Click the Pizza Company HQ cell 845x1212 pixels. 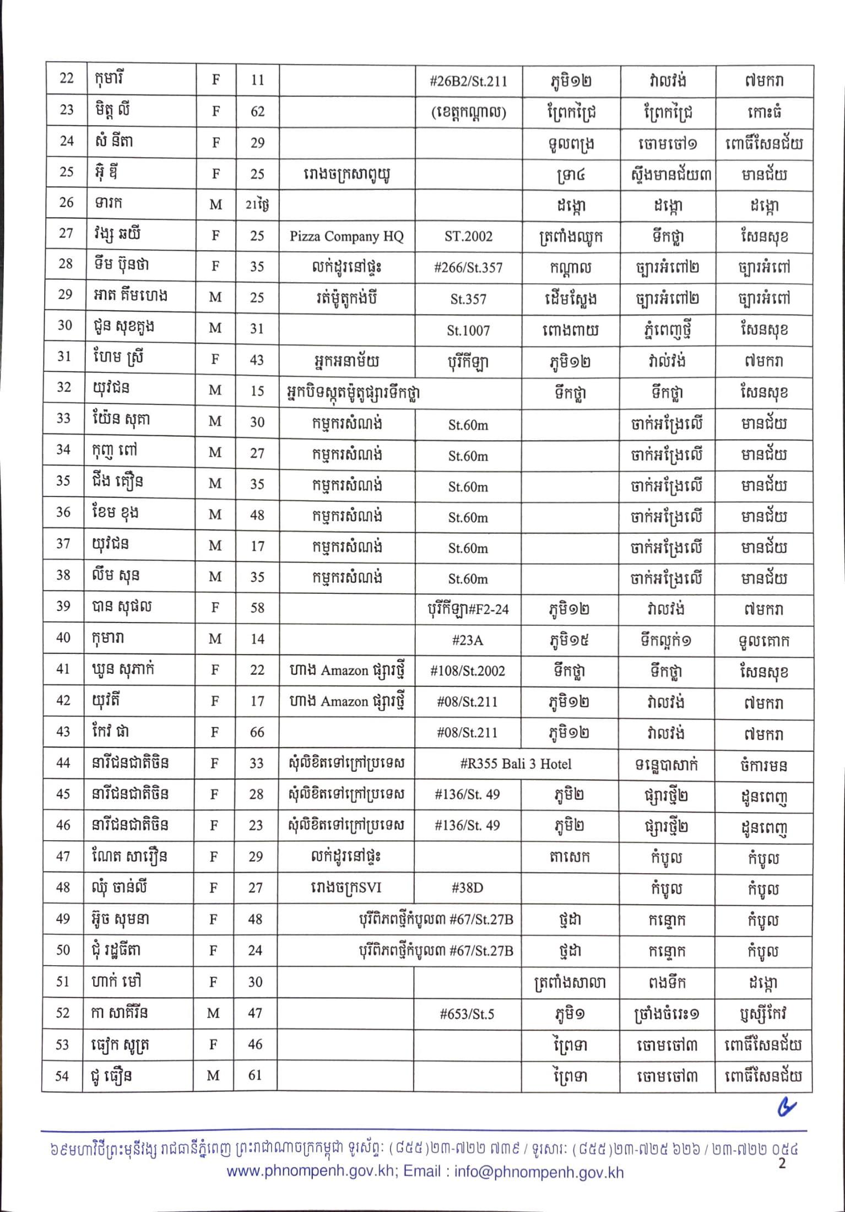[346, 236]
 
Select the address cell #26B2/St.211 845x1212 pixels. [468, 82]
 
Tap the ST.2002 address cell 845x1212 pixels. [468, 236]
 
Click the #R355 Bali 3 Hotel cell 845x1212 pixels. [516, 764]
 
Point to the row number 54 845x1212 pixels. [63, 1075]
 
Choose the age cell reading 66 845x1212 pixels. [257, 732]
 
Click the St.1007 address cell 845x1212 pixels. [468, 330]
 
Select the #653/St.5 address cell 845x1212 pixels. [467, 1014]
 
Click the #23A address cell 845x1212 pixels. [467, 640]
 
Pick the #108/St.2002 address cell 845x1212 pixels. [467, 670]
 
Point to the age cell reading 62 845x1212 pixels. [257, 112]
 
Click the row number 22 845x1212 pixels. [66, 78]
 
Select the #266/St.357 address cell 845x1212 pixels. [468, 268]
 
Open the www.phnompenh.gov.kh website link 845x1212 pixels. [311, 1172]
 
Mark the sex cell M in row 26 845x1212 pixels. [215, 204]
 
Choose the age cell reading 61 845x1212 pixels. [254, 1075]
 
